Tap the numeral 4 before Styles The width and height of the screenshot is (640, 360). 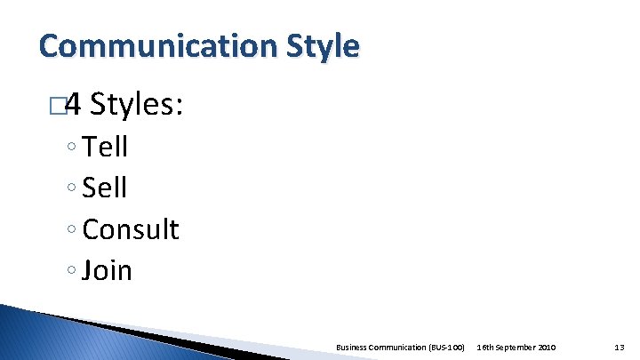pos(74,107)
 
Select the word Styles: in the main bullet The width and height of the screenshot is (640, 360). pos(137,107)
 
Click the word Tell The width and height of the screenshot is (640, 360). pos(105,147)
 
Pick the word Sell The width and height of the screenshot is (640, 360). pos(104,188)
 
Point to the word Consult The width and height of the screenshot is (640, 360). pos(130,229)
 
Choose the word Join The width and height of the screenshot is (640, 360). pos(107,270)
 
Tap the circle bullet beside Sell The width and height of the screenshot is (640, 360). pos(70,189)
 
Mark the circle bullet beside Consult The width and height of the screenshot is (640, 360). pos(70,231)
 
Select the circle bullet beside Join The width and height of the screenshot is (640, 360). pos(70,272)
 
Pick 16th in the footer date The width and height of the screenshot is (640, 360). pos(485,346)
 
